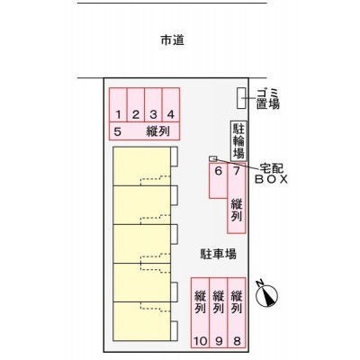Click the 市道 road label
[173, 40]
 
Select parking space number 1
[118, 105]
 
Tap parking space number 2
[136, 105]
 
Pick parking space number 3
[153, 105]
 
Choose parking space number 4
[171, 105]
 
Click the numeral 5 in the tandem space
[118, 131]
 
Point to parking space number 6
[218, 181]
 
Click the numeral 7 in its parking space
[237, 171]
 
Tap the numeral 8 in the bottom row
[237, 341]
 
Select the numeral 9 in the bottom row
[219, 341]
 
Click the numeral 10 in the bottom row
[201, 341]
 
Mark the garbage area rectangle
[241, 98]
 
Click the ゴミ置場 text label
[268, 99]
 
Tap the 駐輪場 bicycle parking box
[238, 140]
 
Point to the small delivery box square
[212, 158]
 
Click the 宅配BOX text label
[272, 174]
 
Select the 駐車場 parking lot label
[218, 254]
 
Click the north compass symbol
[266, 294]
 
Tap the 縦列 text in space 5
[158, 131]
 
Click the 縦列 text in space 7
[237, 211]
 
